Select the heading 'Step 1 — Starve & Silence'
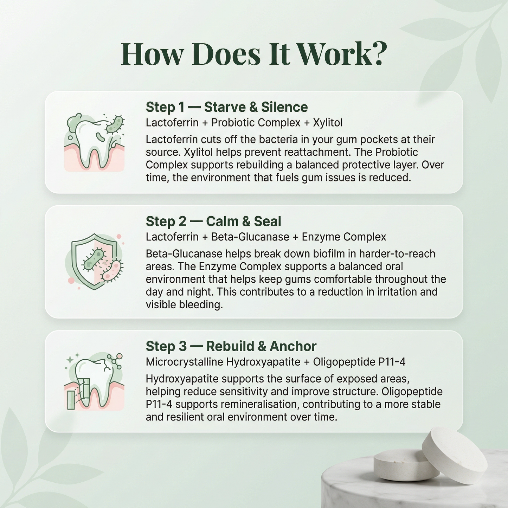pyautogui.click(x=226, y=107)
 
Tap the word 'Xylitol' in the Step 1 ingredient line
pyautogui.click(x=328, y=123)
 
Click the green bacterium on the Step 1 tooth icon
pyautogui.click(x=115, y=124)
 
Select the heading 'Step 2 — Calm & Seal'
pyautogui.click(x=213, y=221)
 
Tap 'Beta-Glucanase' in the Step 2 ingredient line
pyautogui.click(x=250, y=237)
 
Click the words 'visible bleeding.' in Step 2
pyautogui.click(x=184, y=305)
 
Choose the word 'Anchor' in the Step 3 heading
pyautogui.click(x=293, y=346)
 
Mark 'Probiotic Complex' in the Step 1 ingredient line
pyautogui.click(x=256, y=123)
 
